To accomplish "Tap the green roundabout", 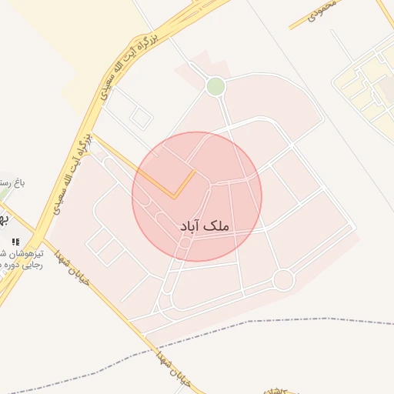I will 216,86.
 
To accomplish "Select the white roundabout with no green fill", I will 283,279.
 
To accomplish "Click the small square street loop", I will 140,117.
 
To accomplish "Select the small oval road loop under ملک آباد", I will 185,245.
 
